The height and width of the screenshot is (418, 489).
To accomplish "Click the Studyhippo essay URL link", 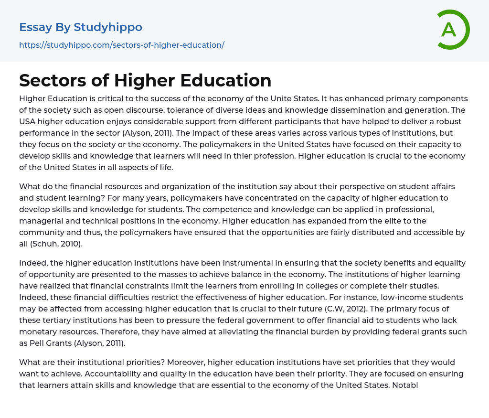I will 122,45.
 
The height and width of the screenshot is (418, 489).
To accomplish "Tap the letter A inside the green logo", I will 448,30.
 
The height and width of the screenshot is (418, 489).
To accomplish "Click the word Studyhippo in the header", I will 108,27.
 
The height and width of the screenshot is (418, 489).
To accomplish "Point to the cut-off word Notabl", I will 405,385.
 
